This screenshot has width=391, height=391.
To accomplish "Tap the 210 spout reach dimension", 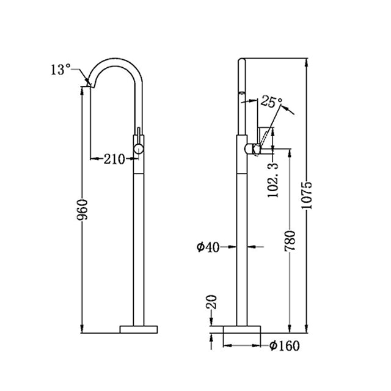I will pos(114,159).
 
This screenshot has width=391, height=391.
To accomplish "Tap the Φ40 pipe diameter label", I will pos(208,247).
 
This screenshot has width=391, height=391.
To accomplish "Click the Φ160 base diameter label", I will pos(285,346).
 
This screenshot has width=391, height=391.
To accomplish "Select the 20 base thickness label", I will pos(211,303).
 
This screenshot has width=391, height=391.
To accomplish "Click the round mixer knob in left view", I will pos(139,148).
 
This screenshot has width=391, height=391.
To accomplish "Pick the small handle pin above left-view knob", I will pos(139,134).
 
